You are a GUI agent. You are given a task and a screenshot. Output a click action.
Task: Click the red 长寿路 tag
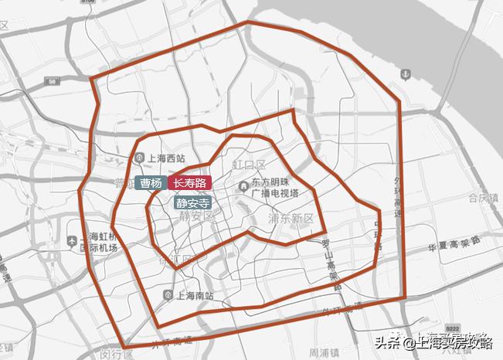pos(190,183)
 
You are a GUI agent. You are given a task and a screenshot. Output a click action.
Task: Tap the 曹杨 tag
pos(151,183)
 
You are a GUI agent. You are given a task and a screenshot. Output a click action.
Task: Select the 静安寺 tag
pos(192,204)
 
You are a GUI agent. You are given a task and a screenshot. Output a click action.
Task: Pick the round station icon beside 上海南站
pos(169,294)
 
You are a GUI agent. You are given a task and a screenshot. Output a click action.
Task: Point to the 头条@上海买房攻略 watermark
pos(433,343)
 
